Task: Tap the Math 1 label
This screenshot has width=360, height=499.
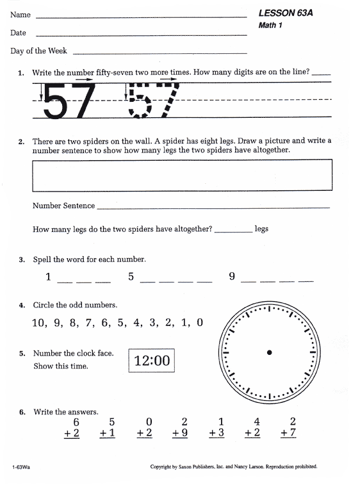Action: point(270,26)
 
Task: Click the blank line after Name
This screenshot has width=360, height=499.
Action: point(141,16)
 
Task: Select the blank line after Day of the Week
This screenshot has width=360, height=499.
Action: point(160,53)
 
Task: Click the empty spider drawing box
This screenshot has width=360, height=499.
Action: point(182,175)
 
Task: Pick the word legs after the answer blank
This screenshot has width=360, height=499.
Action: point(261,229)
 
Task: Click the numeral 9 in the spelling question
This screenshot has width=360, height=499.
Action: point(232,277)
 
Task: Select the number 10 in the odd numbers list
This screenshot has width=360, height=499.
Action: point(39,323)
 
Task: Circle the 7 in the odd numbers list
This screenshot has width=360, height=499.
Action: point(90,323)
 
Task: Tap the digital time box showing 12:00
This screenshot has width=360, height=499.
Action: point(152,361)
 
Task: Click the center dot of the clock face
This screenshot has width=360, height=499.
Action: point(270,352)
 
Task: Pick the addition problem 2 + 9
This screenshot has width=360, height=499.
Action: point(183,427)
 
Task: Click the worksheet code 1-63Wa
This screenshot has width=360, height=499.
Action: point(20,467)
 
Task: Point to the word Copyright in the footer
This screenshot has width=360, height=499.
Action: point(163,467)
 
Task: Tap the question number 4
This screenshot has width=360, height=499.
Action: point(22,306)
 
